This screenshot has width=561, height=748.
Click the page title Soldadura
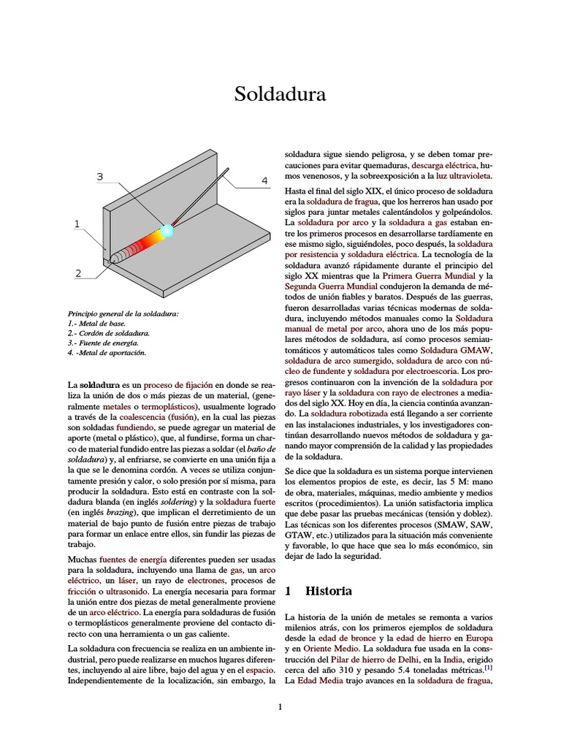point(280,94)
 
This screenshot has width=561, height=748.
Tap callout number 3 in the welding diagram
point(100,176)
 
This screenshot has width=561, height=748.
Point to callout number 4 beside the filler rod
point(264,180)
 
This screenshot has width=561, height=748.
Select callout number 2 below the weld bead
point(77,273)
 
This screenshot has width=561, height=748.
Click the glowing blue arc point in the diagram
point(167,231)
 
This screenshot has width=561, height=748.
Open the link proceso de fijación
point(178,384)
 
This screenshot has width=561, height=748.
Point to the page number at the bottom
point(280,706)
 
